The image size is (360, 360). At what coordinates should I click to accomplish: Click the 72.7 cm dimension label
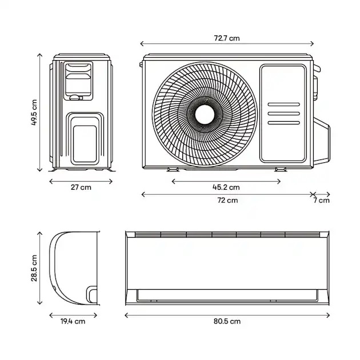(x=227, y=38)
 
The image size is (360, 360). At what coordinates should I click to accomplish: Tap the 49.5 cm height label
(x=34, y=112)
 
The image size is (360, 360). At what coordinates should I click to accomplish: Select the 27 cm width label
(x=81, y=187)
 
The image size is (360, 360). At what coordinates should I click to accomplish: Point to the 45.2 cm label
(x=226, y=187)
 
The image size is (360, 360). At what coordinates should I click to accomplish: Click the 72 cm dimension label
(x=227, y=201)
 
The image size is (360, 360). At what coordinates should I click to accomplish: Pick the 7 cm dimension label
(x=322, y=201)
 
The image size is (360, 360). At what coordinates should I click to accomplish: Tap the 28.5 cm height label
(x=34, y=268)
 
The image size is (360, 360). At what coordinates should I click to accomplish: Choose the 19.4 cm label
(x=73, y=321)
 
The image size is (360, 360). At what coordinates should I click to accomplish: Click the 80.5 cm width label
(x=227, y=321)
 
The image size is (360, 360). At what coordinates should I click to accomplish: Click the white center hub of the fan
(x=205, y=114)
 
